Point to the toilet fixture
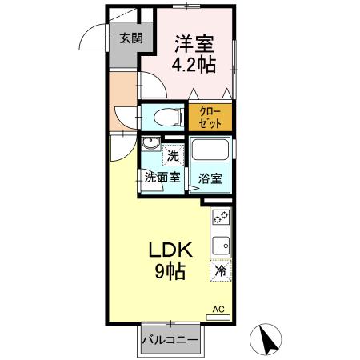[164, 118]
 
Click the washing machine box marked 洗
[173, 154]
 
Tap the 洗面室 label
[163, 178]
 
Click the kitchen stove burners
[222, 218]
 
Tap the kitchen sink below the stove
[222, 244]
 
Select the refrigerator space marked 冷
[221, 271]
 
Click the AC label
[218, 307]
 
